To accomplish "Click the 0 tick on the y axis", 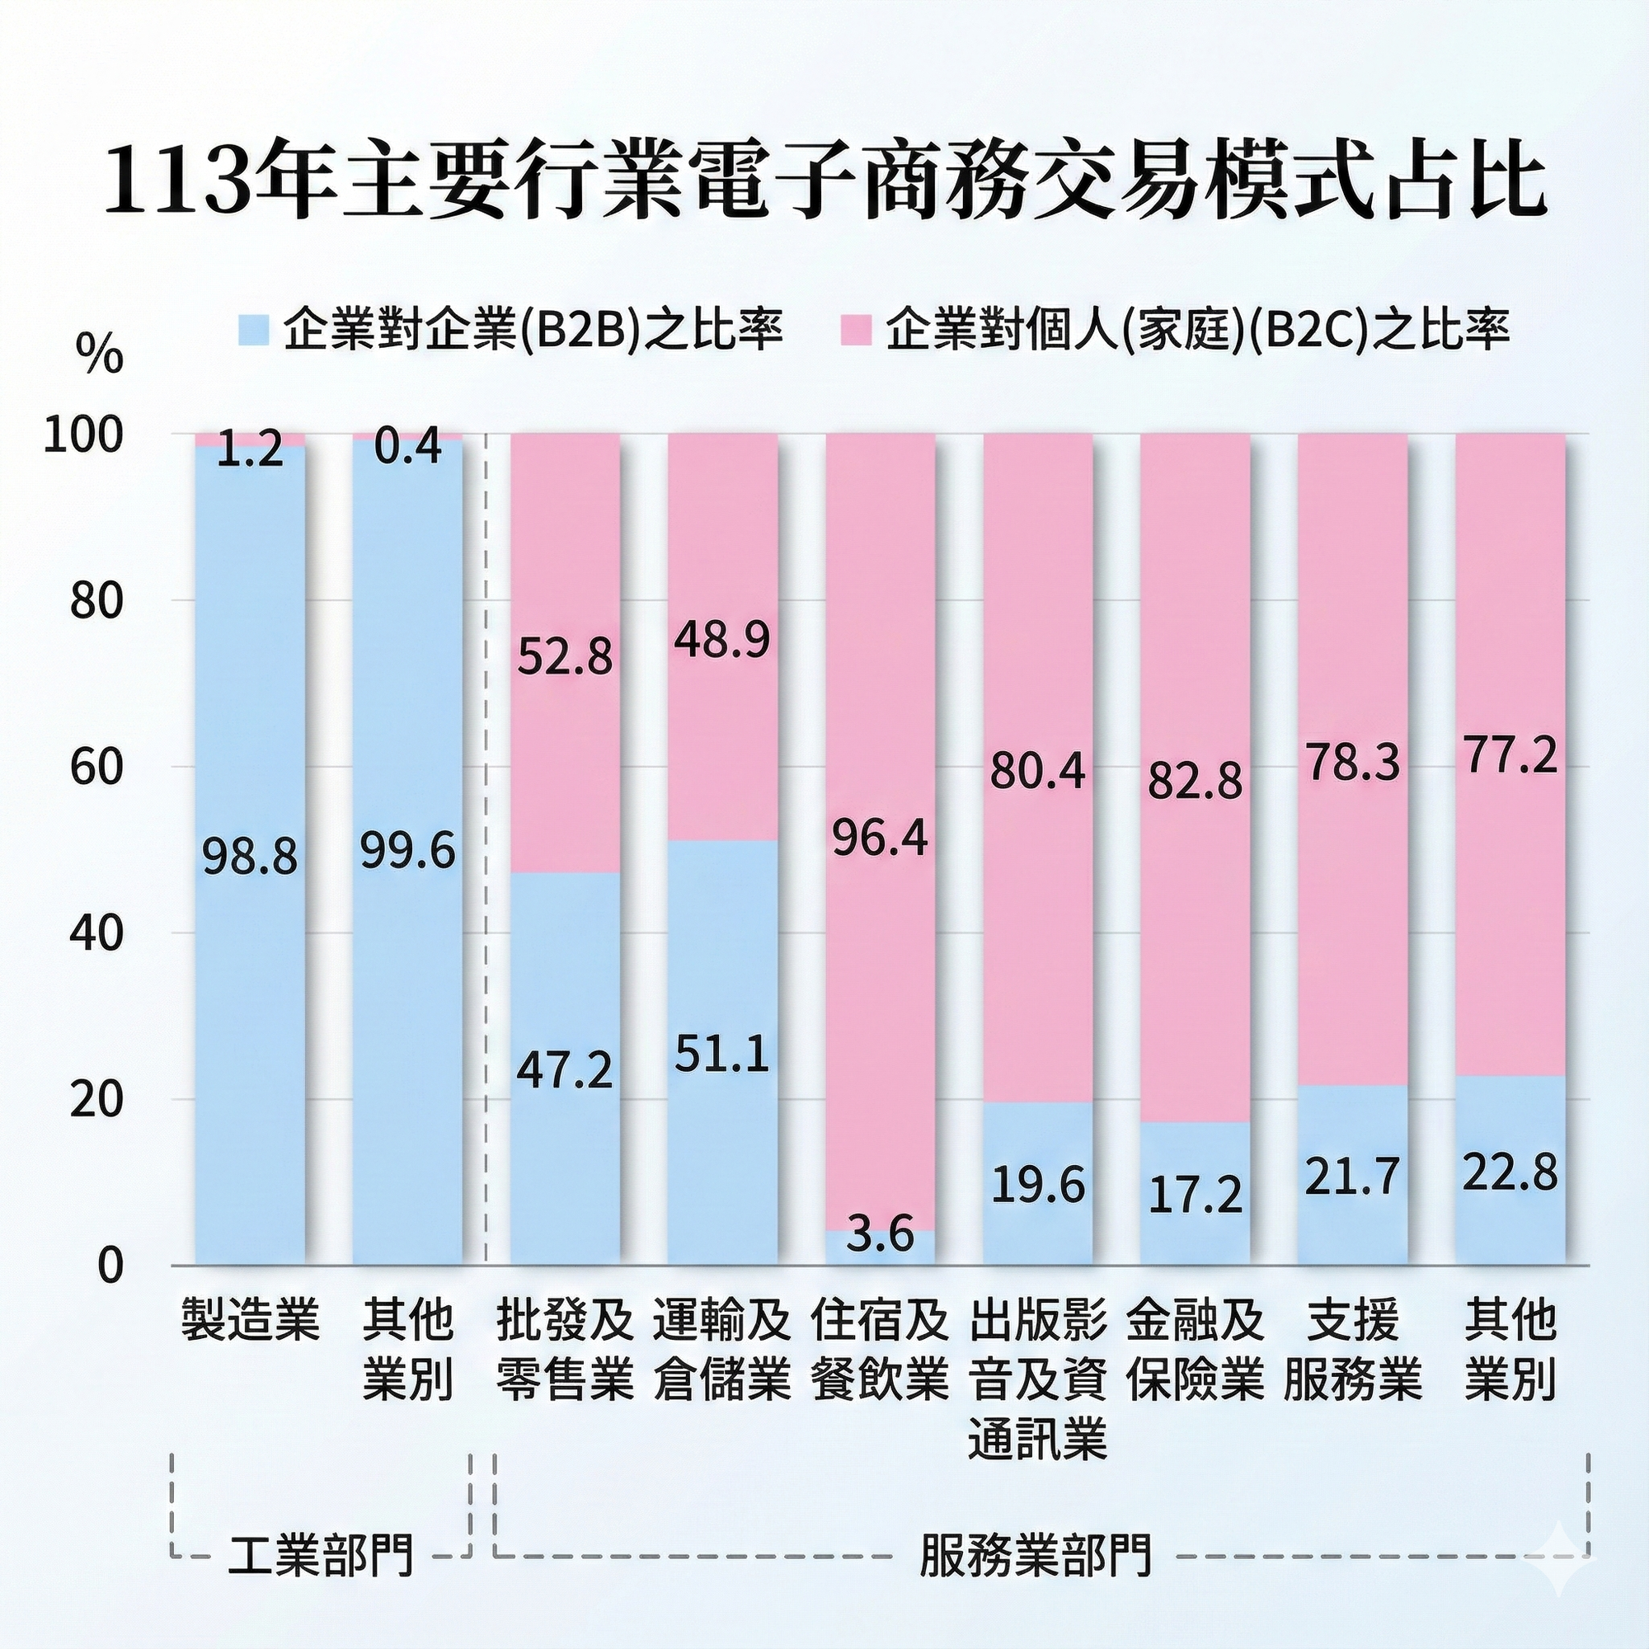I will coord(110,1266).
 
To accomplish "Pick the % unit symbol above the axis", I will coord(99,355).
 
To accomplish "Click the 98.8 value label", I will coord(250,857).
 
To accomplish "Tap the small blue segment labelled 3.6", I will coord(880,1246).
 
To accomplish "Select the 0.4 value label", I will coord(408,447).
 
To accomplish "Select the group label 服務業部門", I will coord(1036,1554).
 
